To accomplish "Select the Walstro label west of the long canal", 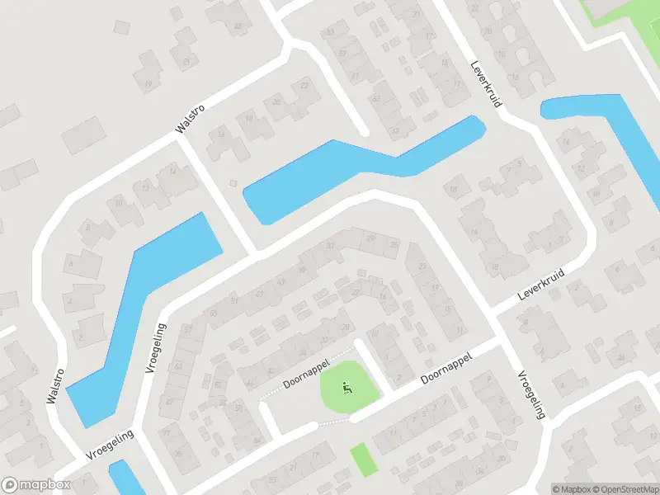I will pos(55,384).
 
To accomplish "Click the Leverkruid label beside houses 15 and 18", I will pos(486,90).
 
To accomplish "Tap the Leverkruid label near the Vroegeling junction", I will pos(540,283).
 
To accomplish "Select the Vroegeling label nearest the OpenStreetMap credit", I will pos(530,394).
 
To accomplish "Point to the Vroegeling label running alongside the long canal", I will pos(155,348).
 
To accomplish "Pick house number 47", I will pos(259,294).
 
